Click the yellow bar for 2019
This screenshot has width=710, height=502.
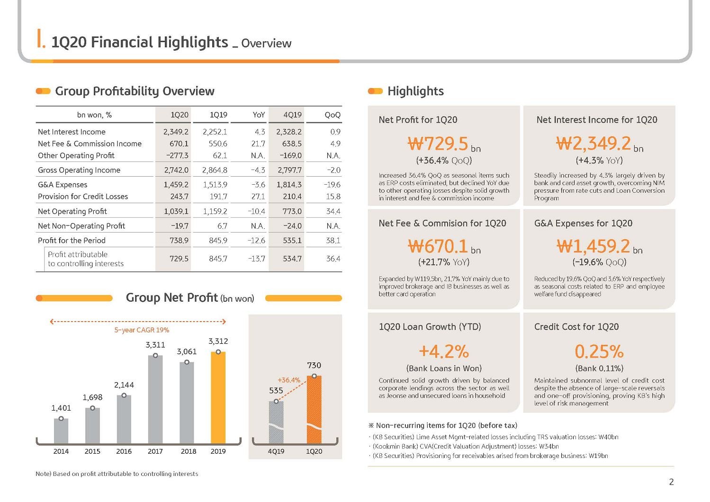click(x=218, y=397)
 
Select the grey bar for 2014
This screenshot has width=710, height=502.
click(x=61, y=430)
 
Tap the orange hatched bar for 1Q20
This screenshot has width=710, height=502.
click(x=314, y=410)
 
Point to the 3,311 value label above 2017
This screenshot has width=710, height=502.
click(x=155, y=345)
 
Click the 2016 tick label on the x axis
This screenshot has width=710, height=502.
click(x=124, y=451)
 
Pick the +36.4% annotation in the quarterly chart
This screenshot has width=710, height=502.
click(x=289, y=380)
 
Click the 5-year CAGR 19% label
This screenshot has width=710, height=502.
click(x=142, y=330)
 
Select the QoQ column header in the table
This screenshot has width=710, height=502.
click(x=333, y=115)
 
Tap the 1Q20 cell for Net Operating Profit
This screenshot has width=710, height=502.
click(x=176, y=211)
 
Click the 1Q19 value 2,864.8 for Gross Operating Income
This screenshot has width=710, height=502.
click(x=215, y=170)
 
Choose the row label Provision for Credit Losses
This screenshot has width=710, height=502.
click(x=83, y=197)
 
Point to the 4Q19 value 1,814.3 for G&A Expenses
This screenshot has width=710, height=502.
click(x=289, y=184)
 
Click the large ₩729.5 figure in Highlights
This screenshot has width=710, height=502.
click(x=437, y=143)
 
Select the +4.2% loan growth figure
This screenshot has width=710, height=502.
click(x=444, y=351)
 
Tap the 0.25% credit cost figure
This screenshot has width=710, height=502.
click(x=599, y=351)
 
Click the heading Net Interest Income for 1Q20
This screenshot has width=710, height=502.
click(x=597, y=120)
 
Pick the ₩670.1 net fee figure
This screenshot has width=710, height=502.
click(x=438, y=246)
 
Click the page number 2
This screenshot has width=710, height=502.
click(x=671, y=482)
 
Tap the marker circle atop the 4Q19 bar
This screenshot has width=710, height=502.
click(x=276, y=401)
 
